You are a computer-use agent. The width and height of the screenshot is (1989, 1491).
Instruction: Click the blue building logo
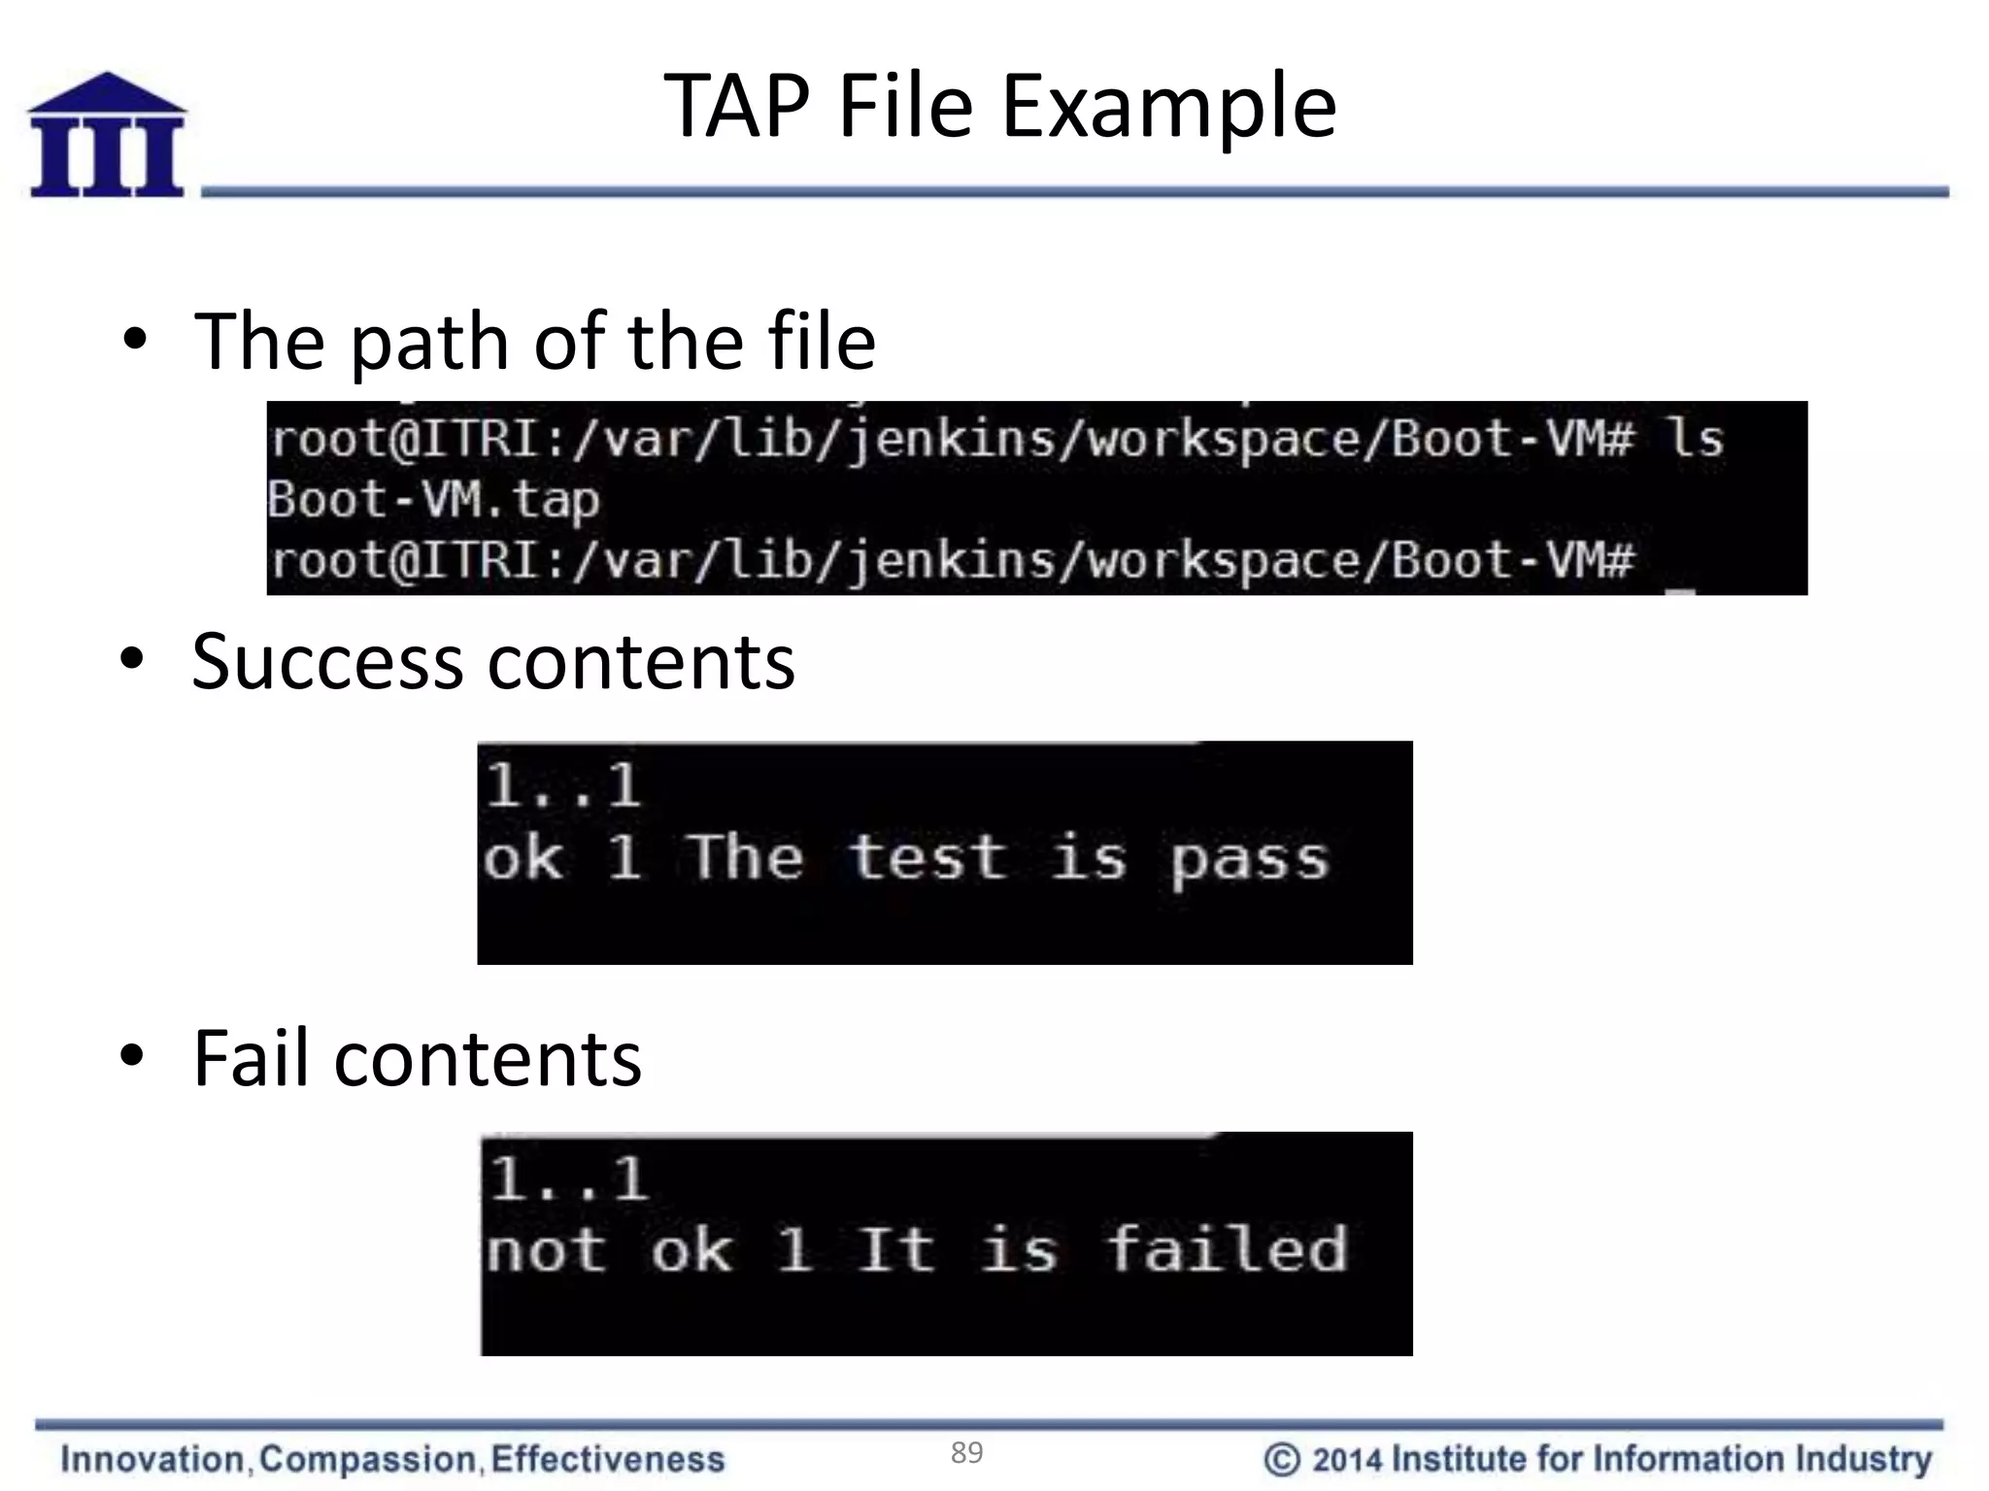tap(107, 135)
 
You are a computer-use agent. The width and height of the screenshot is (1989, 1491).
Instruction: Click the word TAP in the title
tap(736, 106)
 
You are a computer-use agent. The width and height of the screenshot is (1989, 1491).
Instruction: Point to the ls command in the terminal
tap(1696, 439)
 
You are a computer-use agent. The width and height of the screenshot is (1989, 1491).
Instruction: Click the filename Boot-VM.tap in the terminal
tap(433, 500)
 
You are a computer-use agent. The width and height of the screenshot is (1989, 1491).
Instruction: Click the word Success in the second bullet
tap(327, 662)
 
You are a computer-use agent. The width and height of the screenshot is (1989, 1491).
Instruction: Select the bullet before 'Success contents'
tap(133, 660)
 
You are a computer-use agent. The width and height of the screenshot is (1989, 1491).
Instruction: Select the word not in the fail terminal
tap(546, 1250)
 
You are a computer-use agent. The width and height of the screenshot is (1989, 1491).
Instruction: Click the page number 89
tap(966, 1452)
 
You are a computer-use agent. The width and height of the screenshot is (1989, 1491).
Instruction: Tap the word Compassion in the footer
tap(368, 1459)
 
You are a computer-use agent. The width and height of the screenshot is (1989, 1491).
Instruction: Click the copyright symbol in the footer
tap(1281, 1459)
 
